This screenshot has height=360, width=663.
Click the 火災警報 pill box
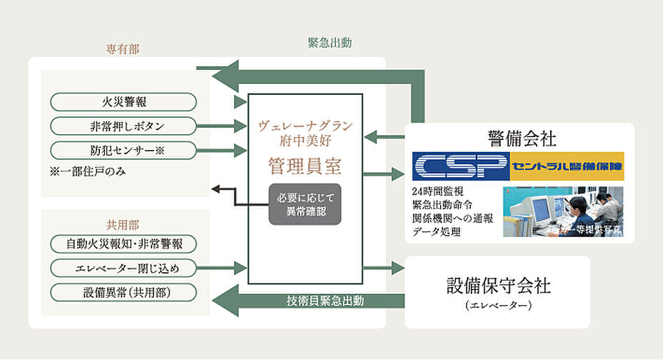coord(124,102)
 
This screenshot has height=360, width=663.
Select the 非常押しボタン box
coord(124,126)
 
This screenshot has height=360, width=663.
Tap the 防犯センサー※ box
coord(124,151)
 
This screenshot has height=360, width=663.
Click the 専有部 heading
coord(123,50)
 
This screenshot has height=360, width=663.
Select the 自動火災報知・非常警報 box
coord(124,244)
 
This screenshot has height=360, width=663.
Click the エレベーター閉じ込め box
coord(124,269)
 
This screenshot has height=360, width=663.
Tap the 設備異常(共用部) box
coord(124,292)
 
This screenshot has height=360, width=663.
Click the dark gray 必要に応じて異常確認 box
coord(305,204)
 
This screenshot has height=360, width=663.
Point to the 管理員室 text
coord(305,167)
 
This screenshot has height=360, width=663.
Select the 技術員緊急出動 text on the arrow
coord(325,301)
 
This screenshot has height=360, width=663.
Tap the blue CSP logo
coord(461,166)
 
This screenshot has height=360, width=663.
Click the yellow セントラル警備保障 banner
coord(566,166)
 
